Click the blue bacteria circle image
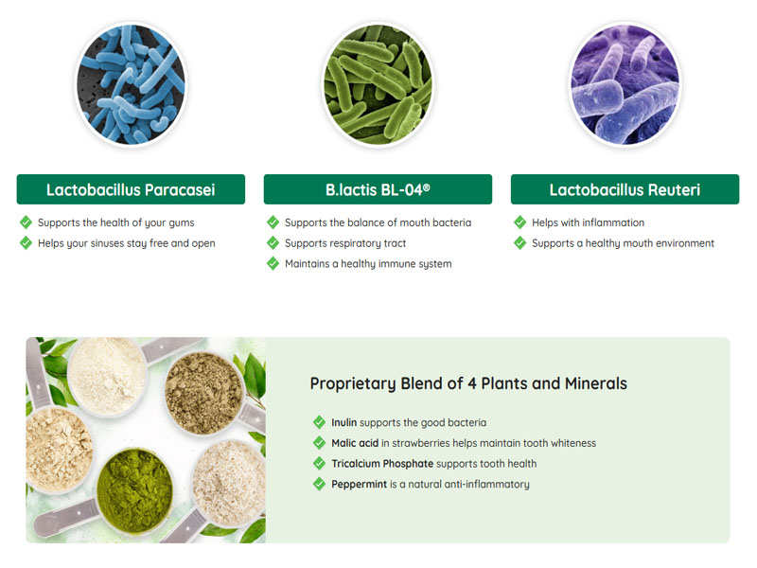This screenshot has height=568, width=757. pos(131,85)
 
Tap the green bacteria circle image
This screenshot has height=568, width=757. pos(378,85)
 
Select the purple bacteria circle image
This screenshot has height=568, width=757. pos(625,85)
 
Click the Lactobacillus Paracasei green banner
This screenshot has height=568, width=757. pos(131,189)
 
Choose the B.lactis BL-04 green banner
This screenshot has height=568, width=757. pos(378,189)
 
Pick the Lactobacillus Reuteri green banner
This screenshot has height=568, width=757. pos(625,189)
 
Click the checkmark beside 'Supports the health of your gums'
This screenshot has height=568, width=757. pos(26,222)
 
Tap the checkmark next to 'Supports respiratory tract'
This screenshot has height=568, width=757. pos(273,243)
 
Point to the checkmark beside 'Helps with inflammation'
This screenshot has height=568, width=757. pos(519,222)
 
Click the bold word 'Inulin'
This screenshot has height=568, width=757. pos(344,422)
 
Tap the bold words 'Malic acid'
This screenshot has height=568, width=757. pos(355,443)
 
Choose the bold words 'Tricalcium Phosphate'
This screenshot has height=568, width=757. pos(382,464)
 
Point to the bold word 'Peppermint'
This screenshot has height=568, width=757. pos(359,485)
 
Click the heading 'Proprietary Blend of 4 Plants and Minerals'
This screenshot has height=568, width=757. pos(468,383)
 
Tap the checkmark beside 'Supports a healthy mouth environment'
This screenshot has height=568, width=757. pos(519,243)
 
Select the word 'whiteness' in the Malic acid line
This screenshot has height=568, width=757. pos(571,443)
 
